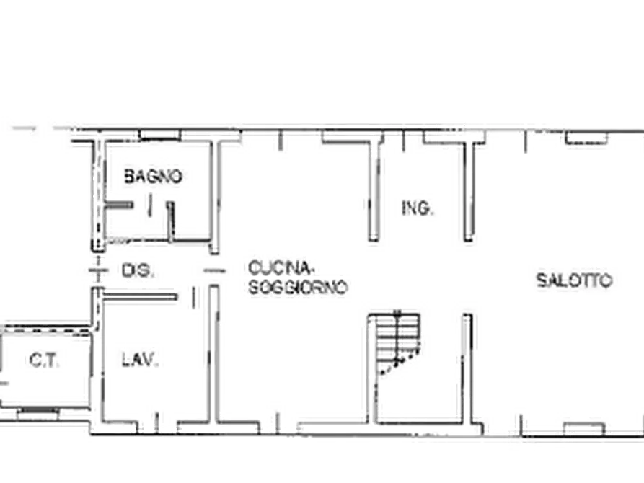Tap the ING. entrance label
416,209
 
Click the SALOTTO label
574,280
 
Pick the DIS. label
135,271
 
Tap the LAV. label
144,358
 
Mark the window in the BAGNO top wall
159,134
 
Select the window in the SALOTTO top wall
585,137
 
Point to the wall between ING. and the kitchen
374,191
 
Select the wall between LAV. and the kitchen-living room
212,353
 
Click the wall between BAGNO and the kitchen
213,191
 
